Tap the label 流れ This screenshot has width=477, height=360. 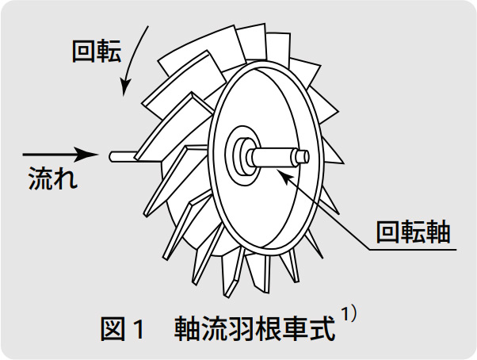point(52,178)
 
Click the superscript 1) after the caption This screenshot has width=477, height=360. point(349,312)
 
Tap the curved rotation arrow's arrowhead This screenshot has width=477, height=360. point(124,88)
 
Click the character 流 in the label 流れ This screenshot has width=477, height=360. point(40,178)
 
